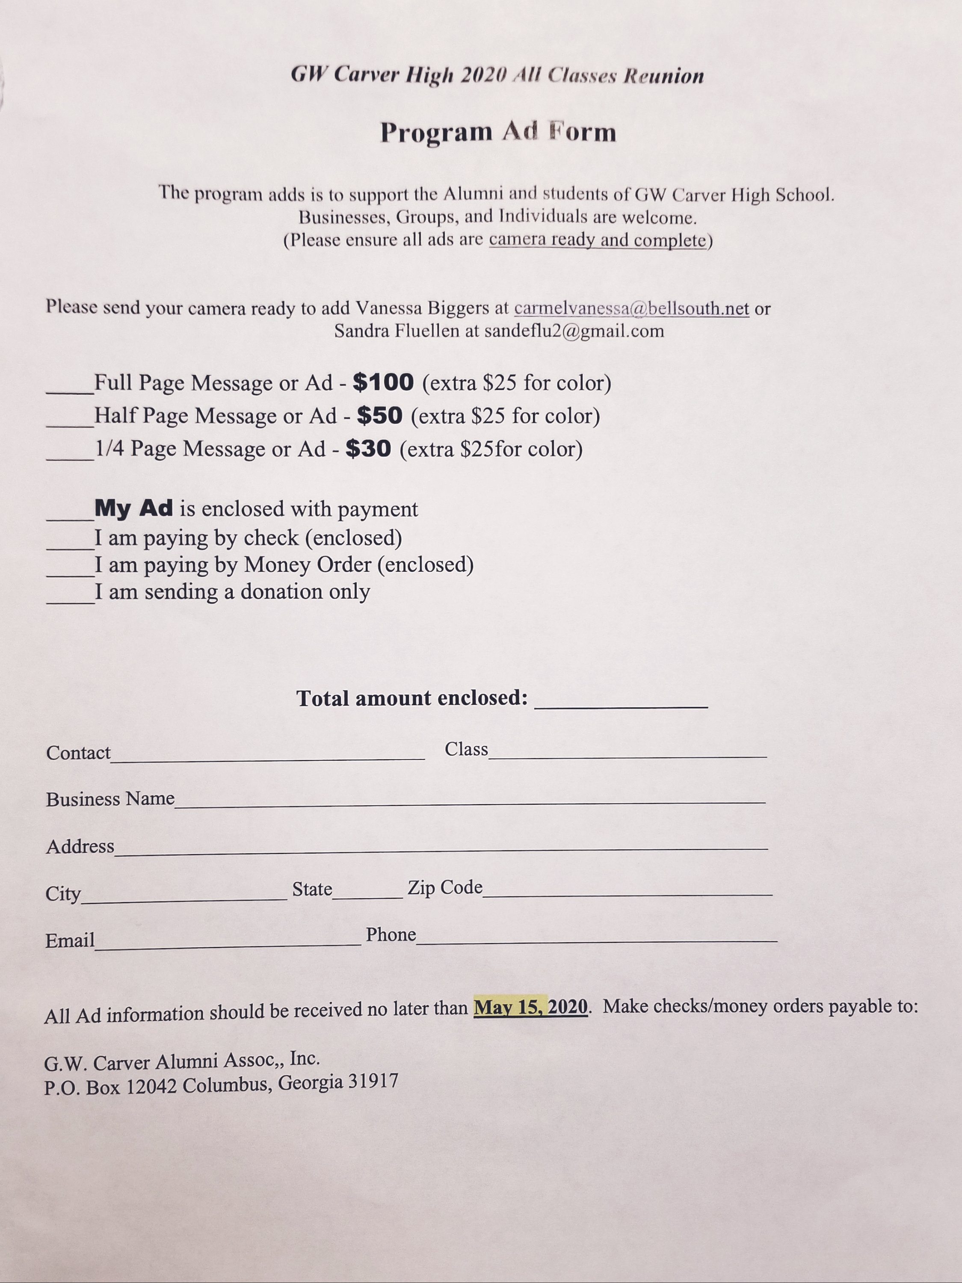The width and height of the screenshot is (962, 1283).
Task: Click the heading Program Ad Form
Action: click(498, 132)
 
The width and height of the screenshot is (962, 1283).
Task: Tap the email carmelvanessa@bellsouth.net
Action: click(631, 309)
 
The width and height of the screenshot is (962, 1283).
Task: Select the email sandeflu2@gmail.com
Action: click(574, 331)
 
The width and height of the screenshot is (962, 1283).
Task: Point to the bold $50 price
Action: click(379, 415)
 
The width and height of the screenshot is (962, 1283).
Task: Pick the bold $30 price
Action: click(368, 448)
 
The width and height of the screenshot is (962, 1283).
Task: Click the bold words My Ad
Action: click(134, 508)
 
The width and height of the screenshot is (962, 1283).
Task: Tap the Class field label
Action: click(466, 749)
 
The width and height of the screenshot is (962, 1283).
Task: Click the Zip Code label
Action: click(444, 887)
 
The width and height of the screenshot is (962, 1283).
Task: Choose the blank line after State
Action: click(367, 896)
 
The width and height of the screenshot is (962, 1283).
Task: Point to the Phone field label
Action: click(391, 934)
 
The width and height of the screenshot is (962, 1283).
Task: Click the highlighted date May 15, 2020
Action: click(530, 1006)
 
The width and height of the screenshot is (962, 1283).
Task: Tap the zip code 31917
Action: click(373, 1081)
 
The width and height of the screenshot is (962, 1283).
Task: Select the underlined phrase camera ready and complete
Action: click(598, 239)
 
